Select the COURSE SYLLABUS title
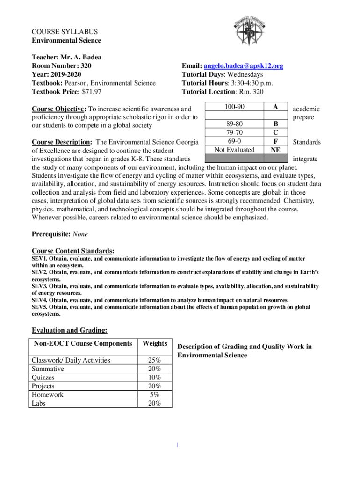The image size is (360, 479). pos(65,32)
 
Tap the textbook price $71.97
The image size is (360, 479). pos(89,92)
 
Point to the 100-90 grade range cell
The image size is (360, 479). pos(234,107)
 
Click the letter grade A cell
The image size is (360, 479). pos(276,107)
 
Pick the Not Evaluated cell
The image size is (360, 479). pos(234,150)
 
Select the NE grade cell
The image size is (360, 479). pos(276,150)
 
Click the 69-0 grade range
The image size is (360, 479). pos(234,141)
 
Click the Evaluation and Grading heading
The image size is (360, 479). pos(69,331)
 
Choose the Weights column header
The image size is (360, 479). pos(155,344)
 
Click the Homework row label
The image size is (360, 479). pos(47,395)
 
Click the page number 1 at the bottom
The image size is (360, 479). pos(177,445)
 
